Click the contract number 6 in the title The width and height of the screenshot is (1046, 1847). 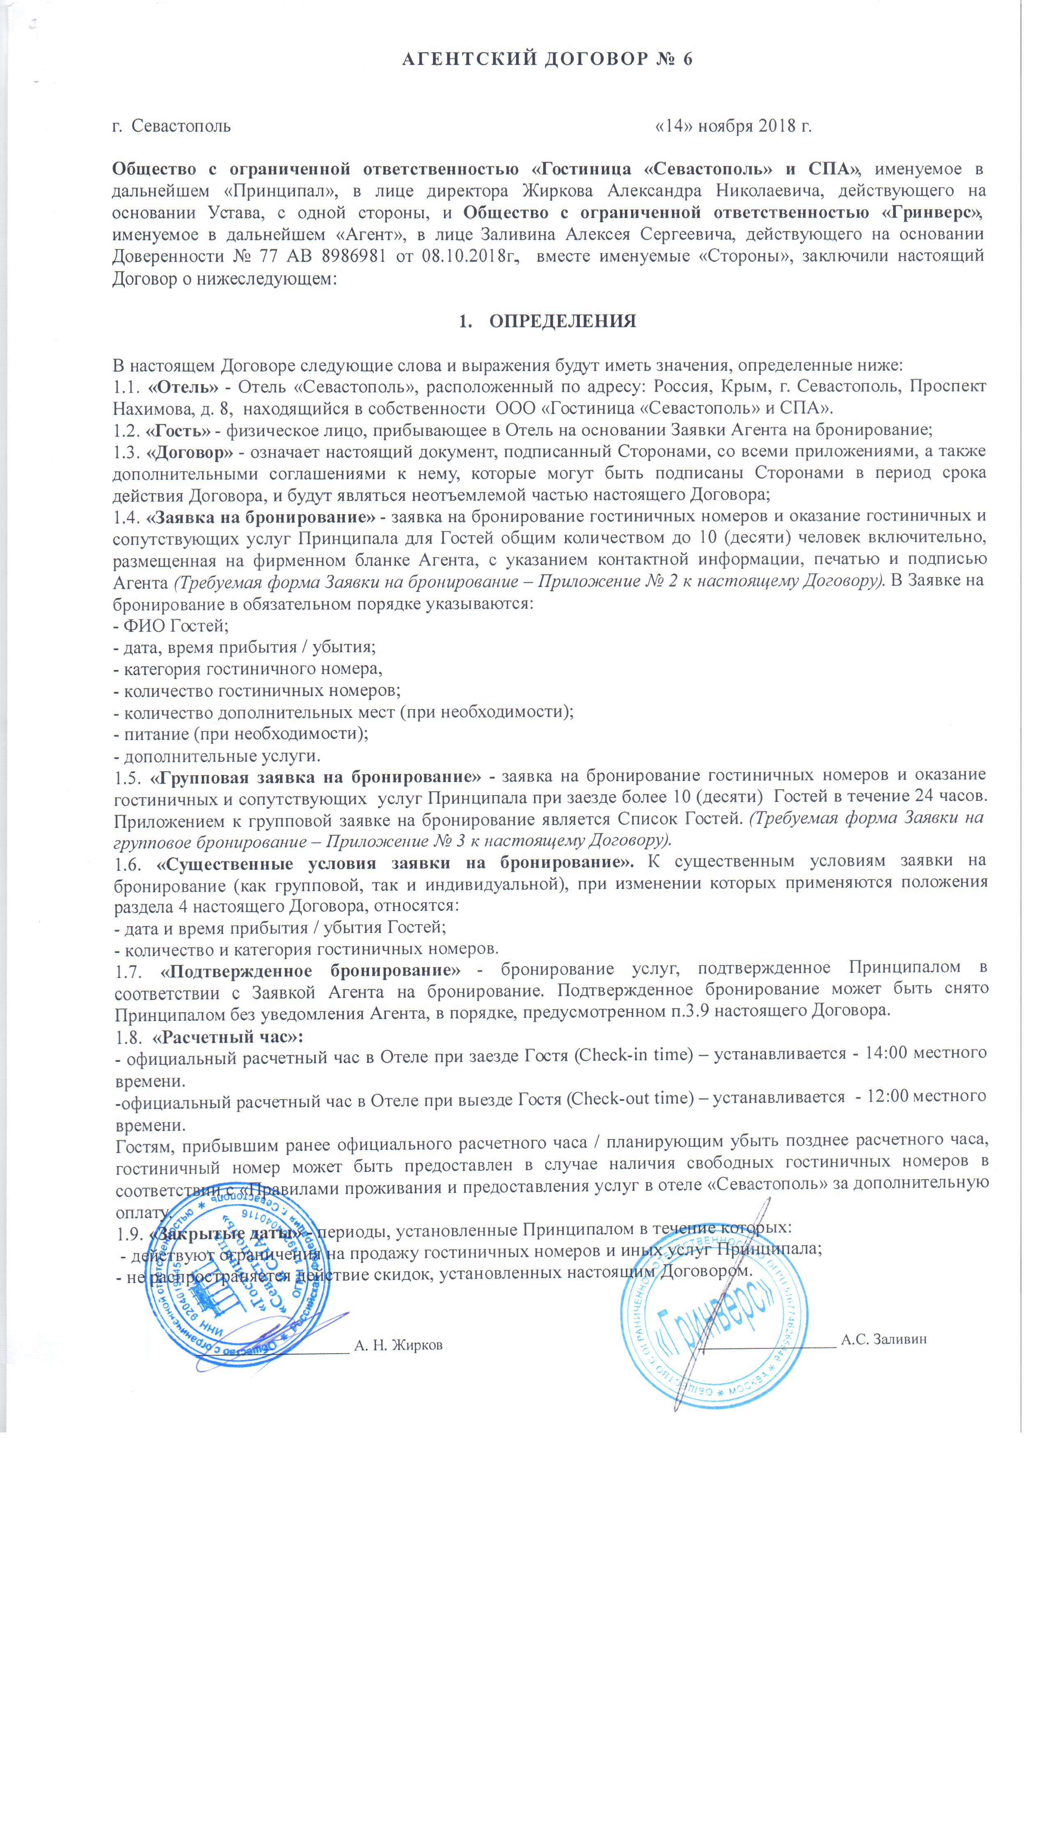coord(687,59)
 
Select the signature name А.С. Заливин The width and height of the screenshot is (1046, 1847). coord(883,1338)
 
